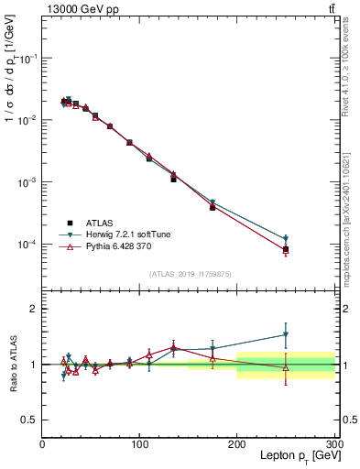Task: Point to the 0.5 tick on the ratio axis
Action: [x=29, y=420]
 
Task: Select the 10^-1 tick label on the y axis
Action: [x=27, y=58]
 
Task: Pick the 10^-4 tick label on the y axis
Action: [x=27, y=245]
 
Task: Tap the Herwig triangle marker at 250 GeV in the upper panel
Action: [x=286, y=239]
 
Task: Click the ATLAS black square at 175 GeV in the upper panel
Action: [x=213, y=207]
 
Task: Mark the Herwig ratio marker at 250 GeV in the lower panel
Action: [x=286, y=334]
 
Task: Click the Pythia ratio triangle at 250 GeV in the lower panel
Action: [x=286, y=368]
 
